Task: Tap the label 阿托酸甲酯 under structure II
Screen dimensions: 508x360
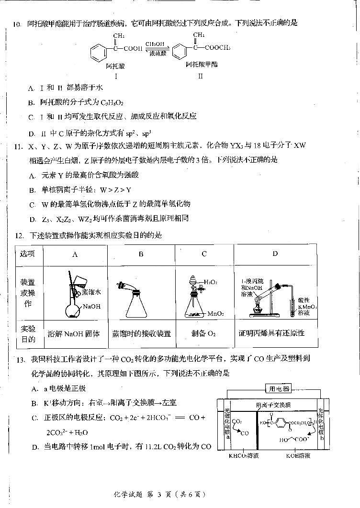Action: tap(202, 64)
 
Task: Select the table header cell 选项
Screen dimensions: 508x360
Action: tap(27, 254)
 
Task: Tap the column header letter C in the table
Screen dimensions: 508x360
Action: tap(204, 254)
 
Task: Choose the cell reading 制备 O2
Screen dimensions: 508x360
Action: tap(203, 334)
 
